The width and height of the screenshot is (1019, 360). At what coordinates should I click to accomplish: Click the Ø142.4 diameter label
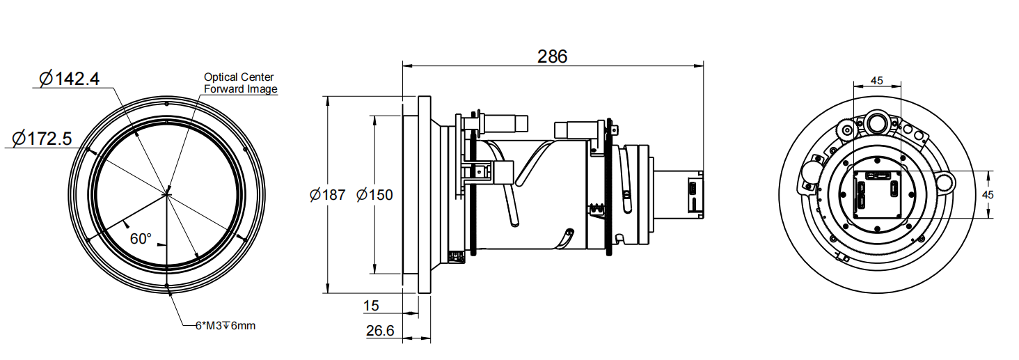(x=70, y=78)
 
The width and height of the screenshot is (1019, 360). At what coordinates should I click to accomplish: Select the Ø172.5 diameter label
(x=42, y=139)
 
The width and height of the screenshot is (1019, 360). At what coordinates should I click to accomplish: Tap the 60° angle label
(x=141, y=239)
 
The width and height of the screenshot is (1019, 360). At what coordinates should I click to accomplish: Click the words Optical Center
(x=239, y=77)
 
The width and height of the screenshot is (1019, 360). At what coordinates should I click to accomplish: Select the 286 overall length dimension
(x=552, y=56)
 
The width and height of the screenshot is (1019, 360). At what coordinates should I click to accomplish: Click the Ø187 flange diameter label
(x=327, y=195)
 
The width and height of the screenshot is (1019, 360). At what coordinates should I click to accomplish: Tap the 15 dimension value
(x=371, y=305)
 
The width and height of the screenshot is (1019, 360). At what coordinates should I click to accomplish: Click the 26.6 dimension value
(x=380, y=331)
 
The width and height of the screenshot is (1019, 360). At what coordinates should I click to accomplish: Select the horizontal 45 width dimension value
(x=877, y=81)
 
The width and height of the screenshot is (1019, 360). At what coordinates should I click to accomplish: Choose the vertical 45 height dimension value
(x=987, y=195)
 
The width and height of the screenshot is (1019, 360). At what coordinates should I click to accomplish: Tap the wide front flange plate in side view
(x=425, y=195)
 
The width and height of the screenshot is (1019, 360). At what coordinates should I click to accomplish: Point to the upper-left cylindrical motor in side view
(x=506, y=123)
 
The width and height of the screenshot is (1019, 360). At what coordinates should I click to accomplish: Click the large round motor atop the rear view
(x=876, y=123)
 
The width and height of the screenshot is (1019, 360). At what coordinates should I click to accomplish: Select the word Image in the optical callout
(x=262, y=89)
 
